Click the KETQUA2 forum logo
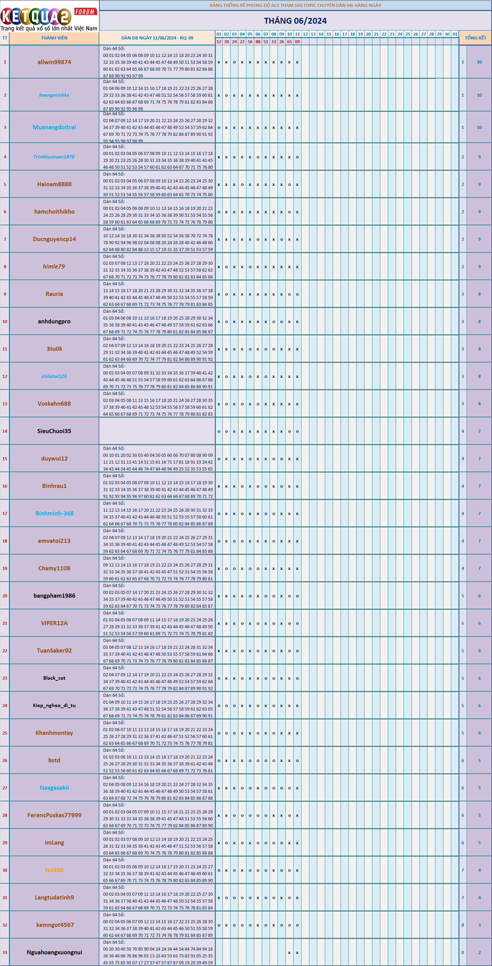[x=49, y=17]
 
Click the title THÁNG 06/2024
[x=295, y=21]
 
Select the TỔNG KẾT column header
[x=475, y=38]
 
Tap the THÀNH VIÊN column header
[x=54, y=38]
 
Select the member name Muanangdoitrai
[x=54, y=128]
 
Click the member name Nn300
[x=54, y=870]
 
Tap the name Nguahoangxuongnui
[x=54, y=952]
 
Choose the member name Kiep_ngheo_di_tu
[x=54, y=705]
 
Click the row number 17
[x=5, y=513]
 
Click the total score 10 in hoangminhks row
[x=479, y=95]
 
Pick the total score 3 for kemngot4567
[x=479, y=925]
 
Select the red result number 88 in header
[x=258, y=41]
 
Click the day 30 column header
[x=447, y=34]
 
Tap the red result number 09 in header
[x=297, y=41]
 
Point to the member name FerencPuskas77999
[x=54, y=815]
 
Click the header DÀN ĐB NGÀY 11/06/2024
[x=157, y=38]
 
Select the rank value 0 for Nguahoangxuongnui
[x=463, y=952]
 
